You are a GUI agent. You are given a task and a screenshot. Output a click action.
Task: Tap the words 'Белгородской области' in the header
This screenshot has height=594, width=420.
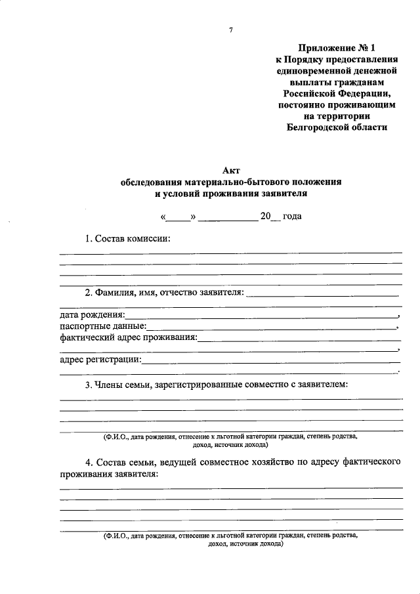tap(337, 127)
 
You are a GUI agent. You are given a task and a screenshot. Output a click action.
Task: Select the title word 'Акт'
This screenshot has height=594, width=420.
tap(231, 169)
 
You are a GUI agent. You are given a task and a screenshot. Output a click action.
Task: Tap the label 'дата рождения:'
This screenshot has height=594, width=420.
tap(92, 316)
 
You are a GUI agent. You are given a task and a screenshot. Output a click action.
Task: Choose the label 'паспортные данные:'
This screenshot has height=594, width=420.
tap(102, 327)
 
